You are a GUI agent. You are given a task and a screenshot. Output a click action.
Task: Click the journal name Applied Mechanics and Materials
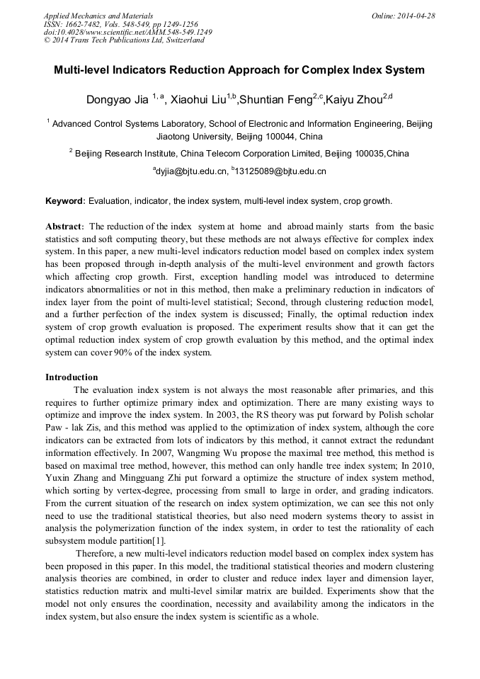coord(98,16)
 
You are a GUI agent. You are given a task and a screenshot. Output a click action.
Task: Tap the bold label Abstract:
coord(66,227)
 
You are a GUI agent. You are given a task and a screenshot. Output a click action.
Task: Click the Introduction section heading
coord(72,377)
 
